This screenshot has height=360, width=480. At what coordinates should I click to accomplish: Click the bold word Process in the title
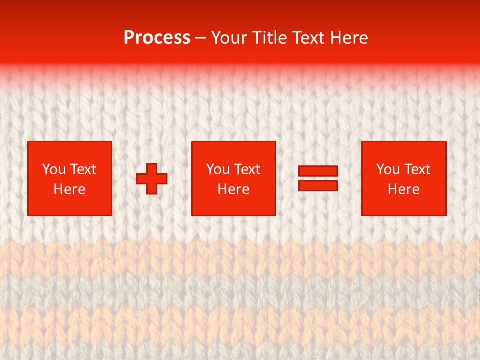click(157, 38)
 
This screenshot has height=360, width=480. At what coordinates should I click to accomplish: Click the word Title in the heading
click(270, 38)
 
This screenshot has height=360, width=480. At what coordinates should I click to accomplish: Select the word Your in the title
click(229, 38)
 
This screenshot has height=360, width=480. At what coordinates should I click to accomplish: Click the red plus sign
click(152, 179)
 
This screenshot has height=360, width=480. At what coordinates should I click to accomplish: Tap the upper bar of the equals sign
click(318, 171)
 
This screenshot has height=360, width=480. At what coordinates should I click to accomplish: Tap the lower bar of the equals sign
click(318, 185)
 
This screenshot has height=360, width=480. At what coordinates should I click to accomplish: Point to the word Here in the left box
click(69, 189)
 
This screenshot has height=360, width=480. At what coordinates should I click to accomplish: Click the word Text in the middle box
click(247, 169)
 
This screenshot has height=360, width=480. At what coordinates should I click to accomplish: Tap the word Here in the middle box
click(233, 189)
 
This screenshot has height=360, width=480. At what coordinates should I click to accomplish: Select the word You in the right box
click(387, 169)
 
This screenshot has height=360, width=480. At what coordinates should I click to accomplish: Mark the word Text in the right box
click(417, 169)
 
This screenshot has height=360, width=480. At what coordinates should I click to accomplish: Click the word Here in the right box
click(403, 189)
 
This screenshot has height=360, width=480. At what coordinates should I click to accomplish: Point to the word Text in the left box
click(83, 169)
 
